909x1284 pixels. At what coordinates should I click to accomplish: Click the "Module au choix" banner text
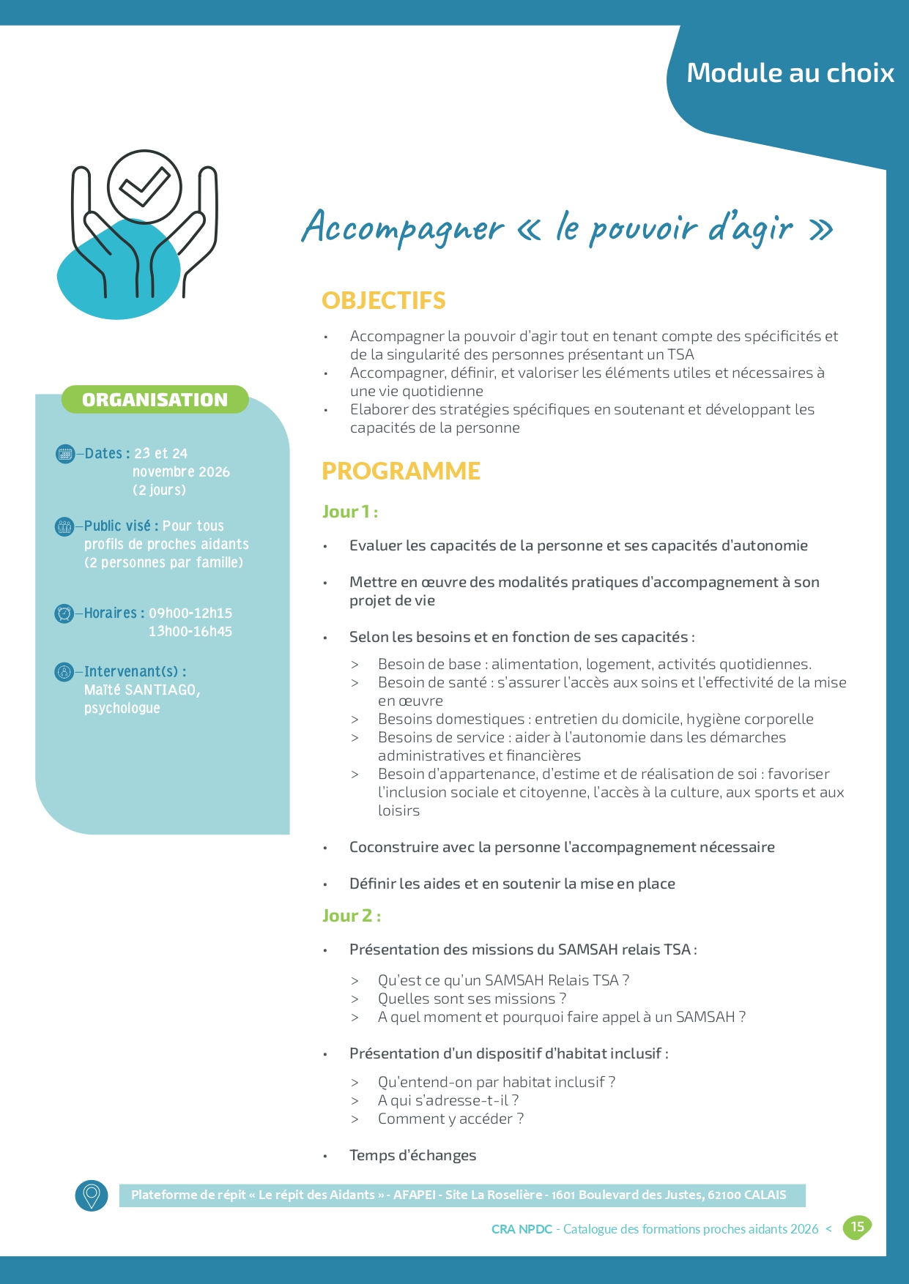tap(790, 73)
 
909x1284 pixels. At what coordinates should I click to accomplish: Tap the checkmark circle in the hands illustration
tap(144, 187)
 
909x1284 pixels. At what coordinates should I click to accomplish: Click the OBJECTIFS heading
tap(383, 300)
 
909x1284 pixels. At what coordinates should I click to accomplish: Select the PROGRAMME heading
tap(401, 471)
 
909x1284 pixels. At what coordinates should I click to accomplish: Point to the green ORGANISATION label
tap(155, 400)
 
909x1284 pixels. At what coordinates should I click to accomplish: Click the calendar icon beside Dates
tap(65, 454)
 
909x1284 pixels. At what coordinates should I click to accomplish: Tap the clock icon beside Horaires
tap(64, 613)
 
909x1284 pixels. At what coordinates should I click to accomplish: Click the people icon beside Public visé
tap(64, 526)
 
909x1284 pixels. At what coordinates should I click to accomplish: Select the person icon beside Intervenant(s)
tap(64, 671)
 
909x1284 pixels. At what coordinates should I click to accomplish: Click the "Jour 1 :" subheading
tap(350, 512)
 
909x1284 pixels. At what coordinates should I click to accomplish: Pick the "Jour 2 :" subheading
tap(351, 916)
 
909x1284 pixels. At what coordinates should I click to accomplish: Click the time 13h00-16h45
tap(190, 631)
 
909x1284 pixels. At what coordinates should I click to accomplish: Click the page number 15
tap(857, 1227)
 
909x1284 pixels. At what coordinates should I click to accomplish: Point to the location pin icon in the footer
tap(92, 1195)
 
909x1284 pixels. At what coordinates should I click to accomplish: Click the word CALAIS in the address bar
tap(765, 1195)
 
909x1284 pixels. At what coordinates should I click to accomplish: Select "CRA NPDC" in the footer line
tap(522, 1229)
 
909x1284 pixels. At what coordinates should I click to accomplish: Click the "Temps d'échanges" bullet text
tap(412, 1155)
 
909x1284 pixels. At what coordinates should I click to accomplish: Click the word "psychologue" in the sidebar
tap(122, 708)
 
